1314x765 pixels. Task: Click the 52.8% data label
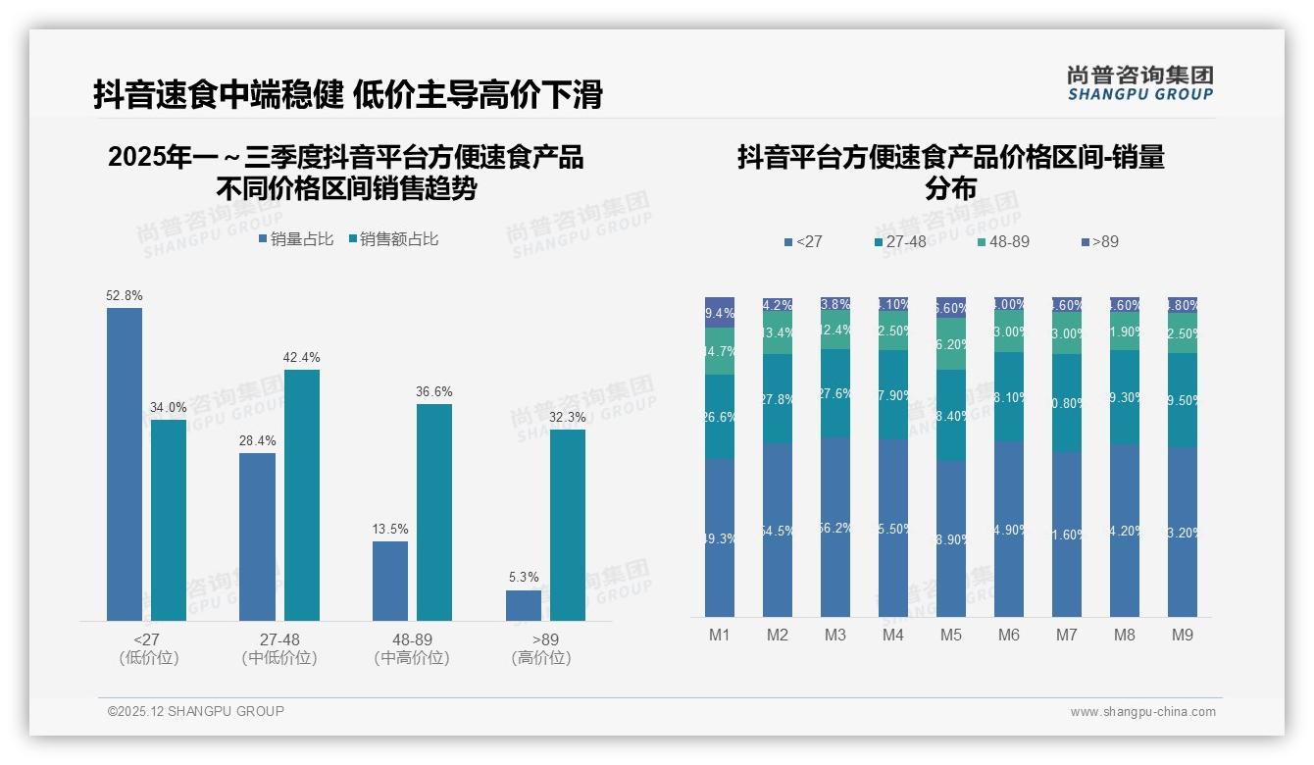coord(125,295)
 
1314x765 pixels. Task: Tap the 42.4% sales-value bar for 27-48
coord(302,494)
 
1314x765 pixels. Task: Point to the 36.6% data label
coord(434,391)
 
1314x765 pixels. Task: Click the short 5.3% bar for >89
coord(524,605)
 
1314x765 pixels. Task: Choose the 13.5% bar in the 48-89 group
coord(390,581)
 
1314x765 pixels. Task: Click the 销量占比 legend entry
coord(296,239)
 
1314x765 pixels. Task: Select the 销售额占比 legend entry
coord(393,239)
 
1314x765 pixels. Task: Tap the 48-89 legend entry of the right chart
coord(1003,241)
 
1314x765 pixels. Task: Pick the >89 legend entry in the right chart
coord(1099,241)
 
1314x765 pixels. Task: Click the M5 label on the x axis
coord(951,635)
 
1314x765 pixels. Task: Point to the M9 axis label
coord(1183,635)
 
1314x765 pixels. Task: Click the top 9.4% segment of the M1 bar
coord(720,312)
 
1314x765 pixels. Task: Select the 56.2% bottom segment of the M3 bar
coord(835,527)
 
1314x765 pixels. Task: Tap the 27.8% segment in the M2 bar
coord(778,398)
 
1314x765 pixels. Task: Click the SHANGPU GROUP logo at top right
coord(1140,83)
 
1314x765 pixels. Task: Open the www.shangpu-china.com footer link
coord(1142,712)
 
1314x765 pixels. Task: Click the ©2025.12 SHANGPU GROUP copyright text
coord(196,711)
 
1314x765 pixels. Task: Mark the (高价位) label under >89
coord(541,658)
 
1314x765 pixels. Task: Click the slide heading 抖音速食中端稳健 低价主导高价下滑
coord(348,95)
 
